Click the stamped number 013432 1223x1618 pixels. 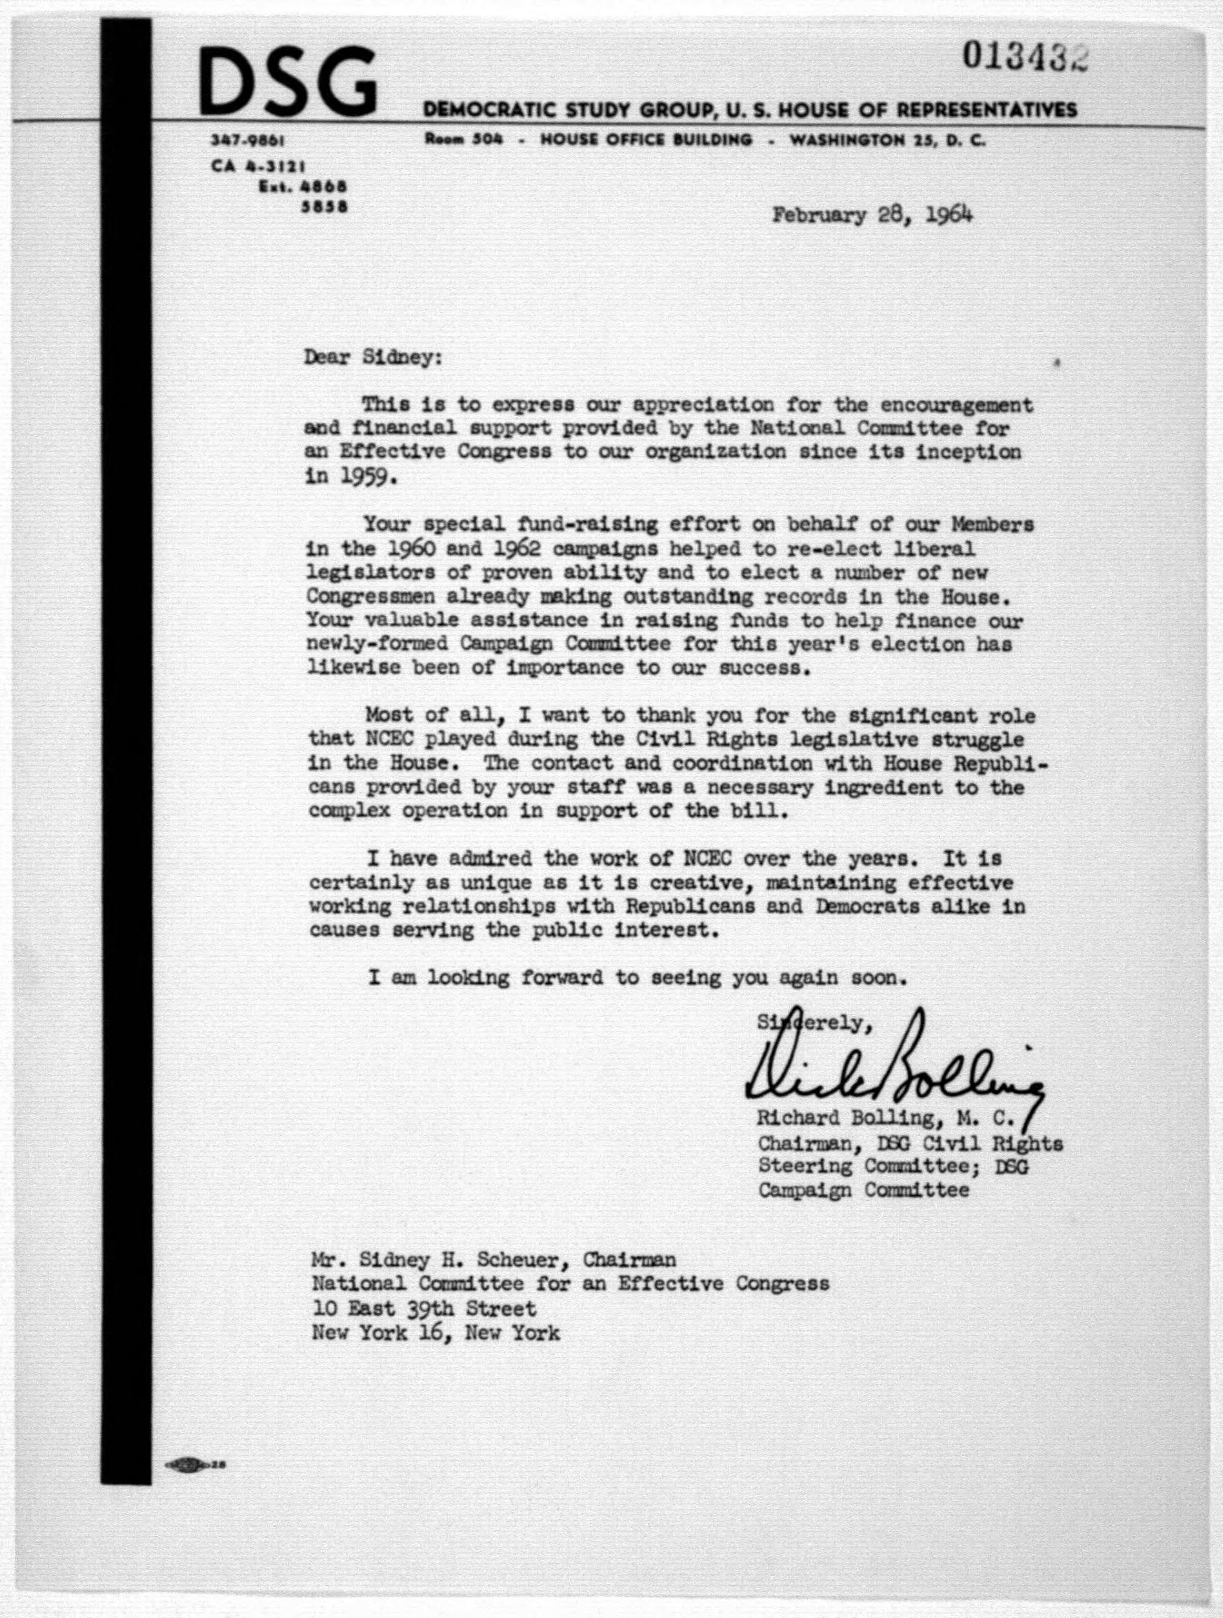click(x=1025, y=57)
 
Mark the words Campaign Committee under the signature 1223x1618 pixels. click(x=864, y=1190)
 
